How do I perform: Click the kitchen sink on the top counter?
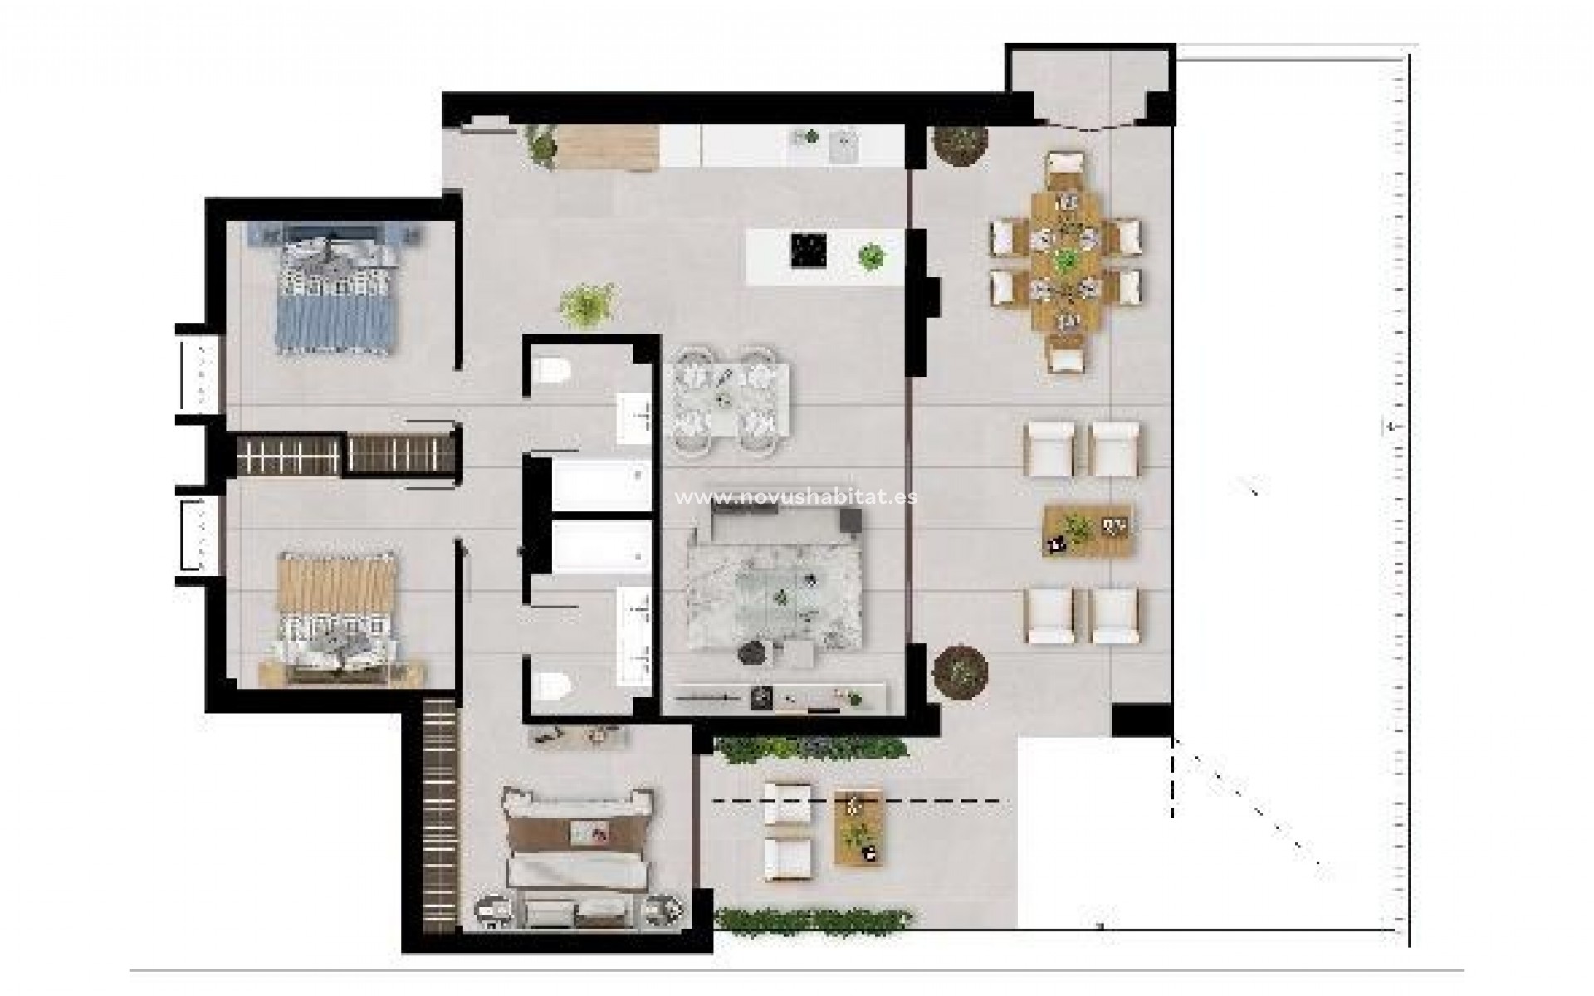click(843, 148)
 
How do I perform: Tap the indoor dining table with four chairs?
click(726, 402)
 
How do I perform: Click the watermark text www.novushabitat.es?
click(796, 497)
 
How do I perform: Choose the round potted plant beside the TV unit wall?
click(960, 670)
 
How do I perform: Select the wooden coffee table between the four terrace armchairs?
click(1088, 530)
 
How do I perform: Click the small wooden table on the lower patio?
click(861, 827)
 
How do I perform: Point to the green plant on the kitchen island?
click(871, 256)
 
